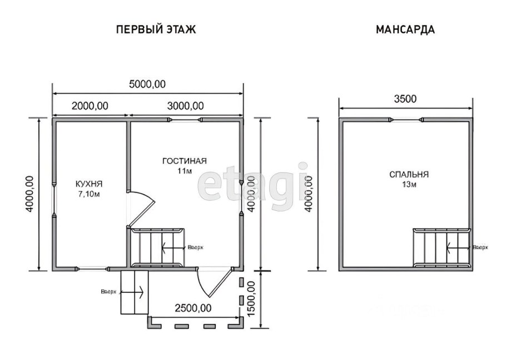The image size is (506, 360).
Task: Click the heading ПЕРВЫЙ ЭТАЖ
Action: pyautogui.click(x=156, y=29)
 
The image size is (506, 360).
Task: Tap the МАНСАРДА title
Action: pyautogui.click(x=405, y=29)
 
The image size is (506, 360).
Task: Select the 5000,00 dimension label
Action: pyautogui.click(x=147, y=84)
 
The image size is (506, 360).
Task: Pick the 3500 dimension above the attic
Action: pyautogui.click(x=405, y=100)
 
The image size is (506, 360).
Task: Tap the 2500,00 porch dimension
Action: pyautogui.click(x=192, y=308)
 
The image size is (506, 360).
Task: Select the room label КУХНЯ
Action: pyautogui.click(x=89, y=183)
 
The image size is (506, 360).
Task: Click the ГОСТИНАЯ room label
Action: pyautogui.click(x=184, y=161)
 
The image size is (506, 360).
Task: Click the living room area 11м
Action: pyautogui.click(x=184, y=171)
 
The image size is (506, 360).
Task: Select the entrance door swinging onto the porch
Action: pyautogui.click(x=215, y=283)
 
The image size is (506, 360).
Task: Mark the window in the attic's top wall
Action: pyautogui.click(x=406, y=120)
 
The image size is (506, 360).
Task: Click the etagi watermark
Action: pyautogui.click(x=253, y=182)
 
